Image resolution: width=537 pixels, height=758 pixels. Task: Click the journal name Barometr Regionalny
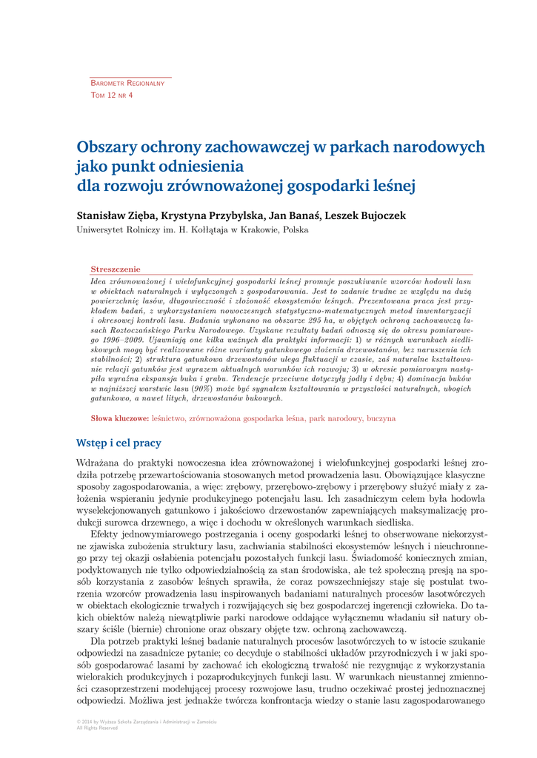point(127,83)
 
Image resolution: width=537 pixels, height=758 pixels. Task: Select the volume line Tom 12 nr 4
point(112,95)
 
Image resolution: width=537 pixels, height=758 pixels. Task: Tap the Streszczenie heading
point(115,269)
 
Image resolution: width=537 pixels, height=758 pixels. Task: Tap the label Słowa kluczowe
point(119,418)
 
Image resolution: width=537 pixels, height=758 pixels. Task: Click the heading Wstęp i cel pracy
point(119,443)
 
